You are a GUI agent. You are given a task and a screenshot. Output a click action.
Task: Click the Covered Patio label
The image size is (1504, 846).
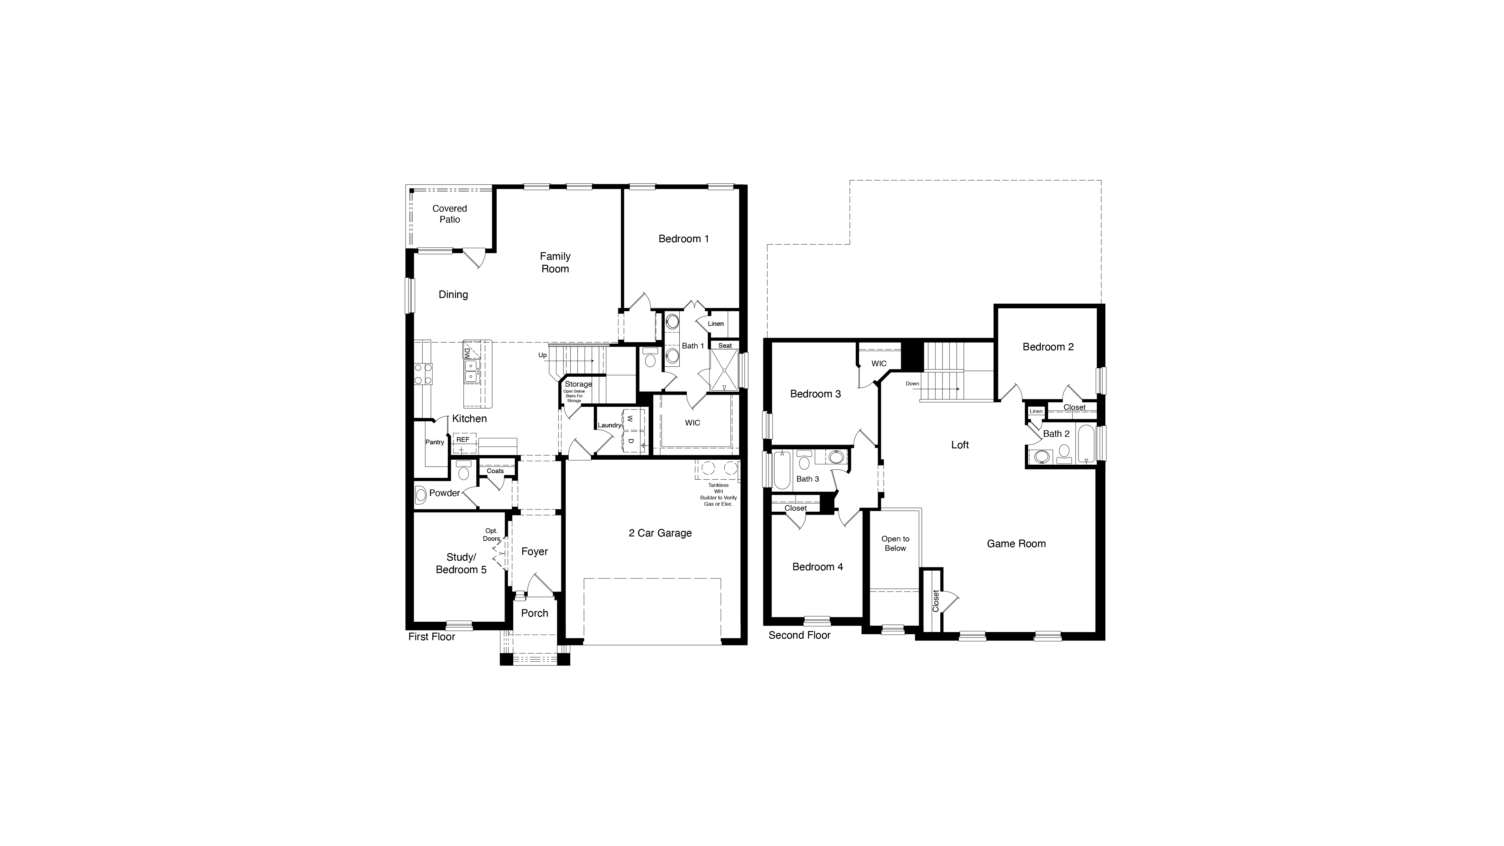click(450, 214)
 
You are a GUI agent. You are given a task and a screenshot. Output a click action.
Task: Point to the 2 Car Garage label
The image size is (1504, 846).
click(660, 533)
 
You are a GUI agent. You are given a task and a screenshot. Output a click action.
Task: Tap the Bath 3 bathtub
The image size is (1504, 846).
click(782, 470)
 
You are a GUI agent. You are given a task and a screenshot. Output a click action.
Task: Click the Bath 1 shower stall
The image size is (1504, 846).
click(724, 370)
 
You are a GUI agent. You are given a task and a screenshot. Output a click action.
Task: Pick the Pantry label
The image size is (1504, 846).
click(435, 442)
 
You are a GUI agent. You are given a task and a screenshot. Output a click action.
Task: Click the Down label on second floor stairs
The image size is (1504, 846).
click(912, 384)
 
